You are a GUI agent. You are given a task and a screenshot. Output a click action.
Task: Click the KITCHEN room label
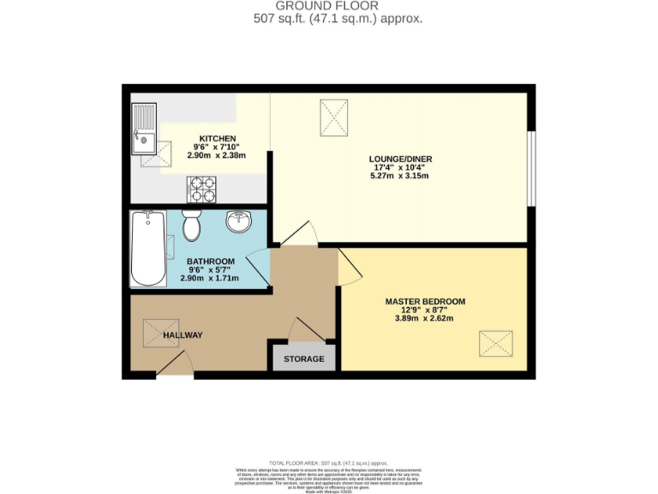pyautogui.click(x=217, y=138)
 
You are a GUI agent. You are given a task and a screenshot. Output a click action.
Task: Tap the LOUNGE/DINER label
pyautogui.click(x=398, y=158)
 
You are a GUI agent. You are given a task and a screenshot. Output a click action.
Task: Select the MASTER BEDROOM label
pyautogui.click(x=425, y=301)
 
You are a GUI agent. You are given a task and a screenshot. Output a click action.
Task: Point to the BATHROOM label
pyautogui.click(x=212, y=261)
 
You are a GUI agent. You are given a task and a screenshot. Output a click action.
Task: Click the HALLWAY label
pyautogui.click(x=182, y=334)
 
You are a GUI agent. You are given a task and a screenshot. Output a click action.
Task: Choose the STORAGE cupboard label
pyautogui.click(x=304, y=358)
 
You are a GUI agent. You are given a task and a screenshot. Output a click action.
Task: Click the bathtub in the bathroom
pyautogui.click(x=147, y=249)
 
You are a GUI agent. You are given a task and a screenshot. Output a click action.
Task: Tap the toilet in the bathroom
pyautogui.click(x=192, y=226)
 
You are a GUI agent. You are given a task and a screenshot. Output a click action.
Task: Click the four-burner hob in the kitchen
pyautogui.click(x=203, y=184)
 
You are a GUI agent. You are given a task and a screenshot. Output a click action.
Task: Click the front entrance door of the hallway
pyautogui.click(x=175, y=365)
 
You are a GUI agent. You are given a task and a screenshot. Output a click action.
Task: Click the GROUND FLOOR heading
pyautogui.click(x=328, y=5)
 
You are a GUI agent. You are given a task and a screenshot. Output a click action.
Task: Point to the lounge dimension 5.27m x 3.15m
pyautogui.click(x=398, y=177)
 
